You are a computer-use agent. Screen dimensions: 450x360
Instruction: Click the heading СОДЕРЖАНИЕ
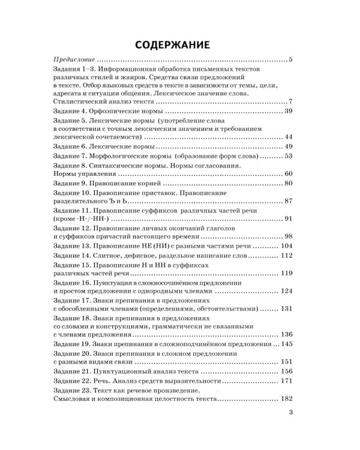click(x=172, y=44)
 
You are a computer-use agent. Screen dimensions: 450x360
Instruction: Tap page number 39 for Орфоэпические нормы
click(x=287, y=112)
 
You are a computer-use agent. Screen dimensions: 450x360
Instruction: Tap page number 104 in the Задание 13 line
click(x=286, y=247)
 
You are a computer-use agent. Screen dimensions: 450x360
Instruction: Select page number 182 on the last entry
click(x=286, y=399)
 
